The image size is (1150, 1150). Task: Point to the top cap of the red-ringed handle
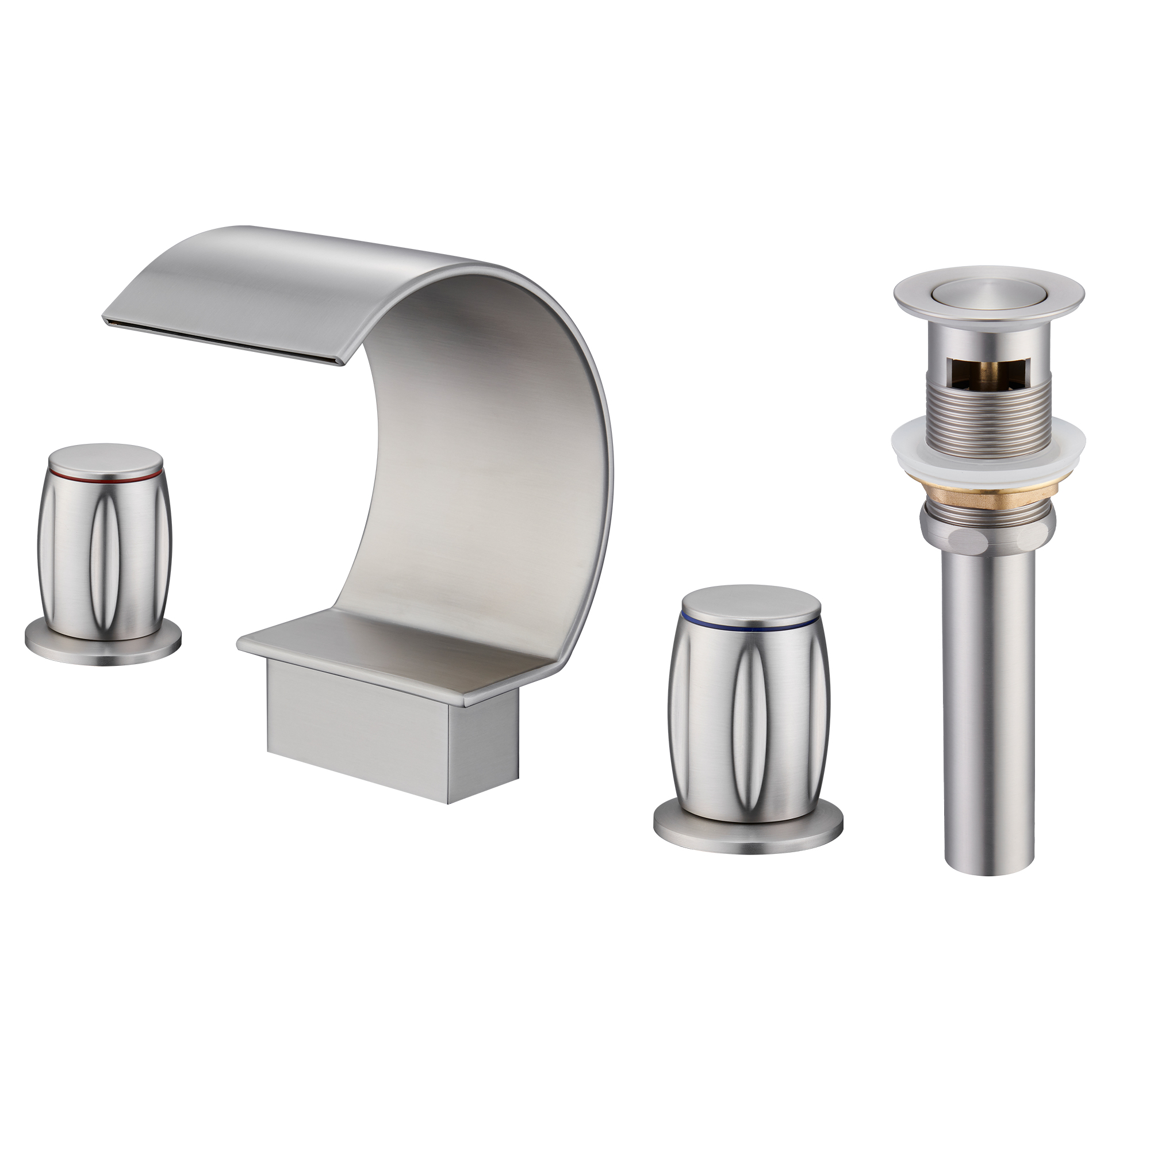(x=105, y=458)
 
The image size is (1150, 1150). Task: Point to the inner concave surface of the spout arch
(x=464, y=476)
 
